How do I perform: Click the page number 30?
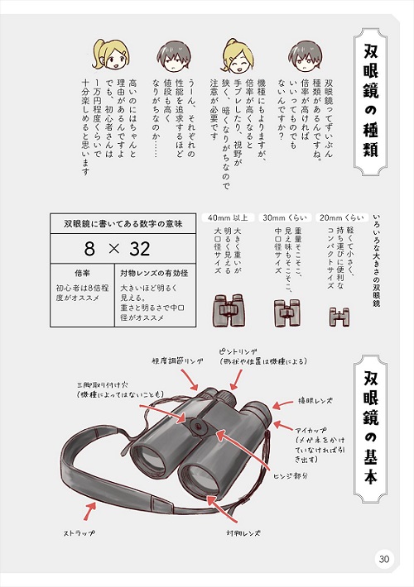pos(383,559)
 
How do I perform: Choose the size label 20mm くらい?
pos(335,219)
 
